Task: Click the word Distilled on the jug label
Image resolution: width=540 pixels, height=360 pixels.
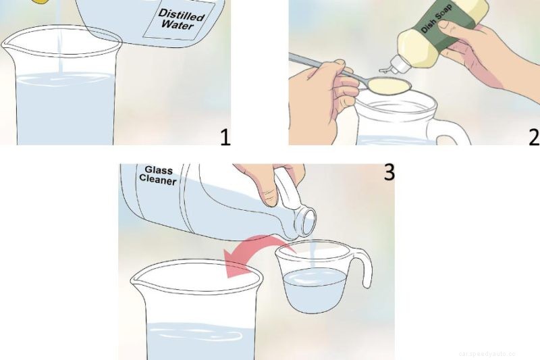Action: click(x=181, y=14)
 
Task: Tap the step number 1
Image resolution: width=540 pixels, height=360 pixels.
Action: click(x=225, y=136)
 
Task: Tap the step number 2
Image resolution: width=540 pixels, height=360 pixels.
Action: click(x=533, y=136)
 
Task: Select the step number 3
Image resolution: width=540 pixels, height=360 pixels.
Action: click(x=388, y=173)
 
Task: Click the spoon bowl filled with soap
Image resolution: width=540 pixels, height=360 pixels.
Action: click(x=390, y=85)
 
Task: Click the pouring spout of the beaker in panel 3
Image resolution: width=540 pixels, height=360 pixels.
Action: click(x=137, y=274)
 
